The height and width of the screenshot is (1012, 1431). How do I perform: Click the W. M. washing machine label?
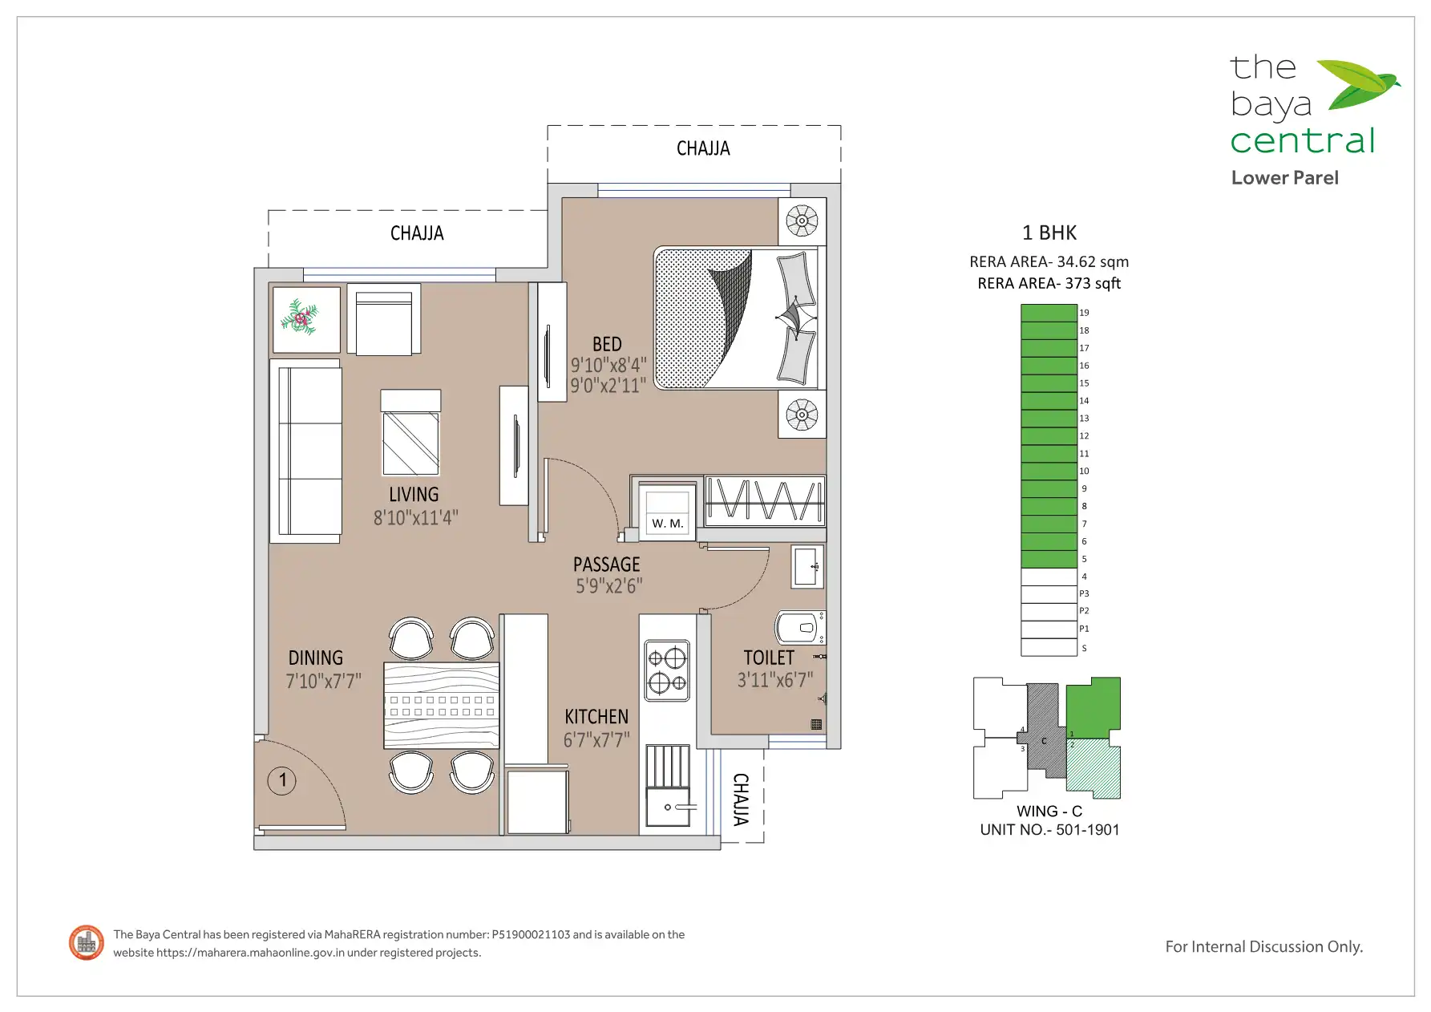tap(667, 524)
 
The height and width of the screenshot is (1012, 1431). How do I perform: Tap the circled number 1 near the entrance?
tap(282, 780)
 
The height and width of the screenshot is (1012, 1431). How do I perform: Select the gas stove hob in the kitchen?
tap(668, 670)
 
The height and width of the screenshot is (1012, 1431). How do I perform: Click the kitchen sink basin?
tap(668, 808)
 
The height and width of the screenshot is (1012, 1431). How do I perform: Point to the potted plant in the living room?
tap(300, 318)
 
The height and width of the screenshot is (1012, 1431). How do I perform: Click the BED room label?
tap(607, 344)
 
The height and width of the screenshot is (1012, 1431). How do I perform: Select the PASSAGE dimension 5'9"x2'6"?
tap(608, 586)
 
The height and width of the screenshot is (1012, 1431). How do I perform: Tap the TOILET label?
tap(769, 658)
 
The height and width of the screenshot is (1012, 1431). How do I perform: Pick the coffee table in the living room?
tap(410, 433)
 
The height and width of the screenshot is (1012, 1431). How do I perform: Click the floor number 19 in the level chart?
tap(1084, 313)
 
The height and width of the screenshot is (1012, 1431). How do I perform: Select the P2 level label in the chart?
tap(1084, 611)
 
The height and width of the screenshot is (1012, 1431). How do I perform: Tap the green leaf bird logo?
tap(1357, 83)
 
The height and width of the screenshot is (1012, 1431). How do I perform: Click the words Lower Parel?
tap(1284, 178)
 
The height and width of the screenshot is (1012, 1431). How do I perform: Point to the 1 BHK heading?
tap(1049, 233)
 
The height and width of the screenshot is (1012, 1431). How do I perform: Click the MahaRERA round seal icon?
tap(87, 943)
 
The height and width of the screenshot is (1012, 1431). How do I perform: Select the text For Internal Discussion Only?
tap(1263, 947)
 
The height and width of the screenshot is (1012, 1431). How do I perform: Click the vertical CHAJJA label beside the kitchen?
tap(742, 799)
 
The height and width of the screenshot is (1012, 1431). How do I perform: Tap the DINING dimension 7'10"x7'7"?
tap(323, 681)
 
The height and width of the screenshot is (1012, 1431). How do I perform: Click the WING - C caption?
tap(1049, 812)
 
